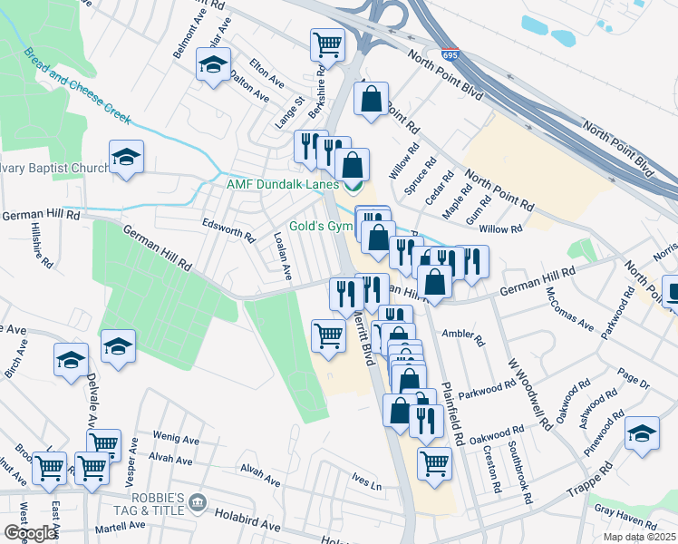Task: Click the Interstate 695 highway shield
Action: [x=449, y=55]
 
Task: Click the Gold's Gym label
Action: [x=320, y=226]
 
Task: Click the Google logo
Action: [x=30, y=533]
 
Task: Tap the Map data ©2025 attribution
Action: [x=638, y=537]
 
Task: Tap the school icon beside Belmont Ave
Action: [x=213, y=65]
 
